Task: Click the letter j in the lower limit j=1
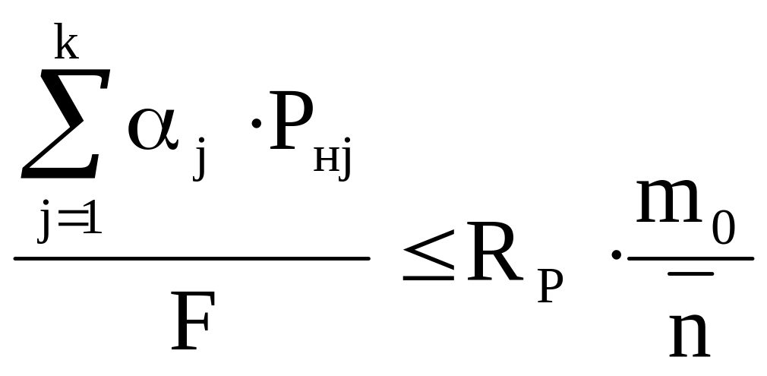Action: (x=46, y=220)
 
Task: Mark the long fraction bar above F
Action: (x=191, y=259)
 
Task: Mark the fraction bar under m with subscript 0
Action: (x=690, y=258)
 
